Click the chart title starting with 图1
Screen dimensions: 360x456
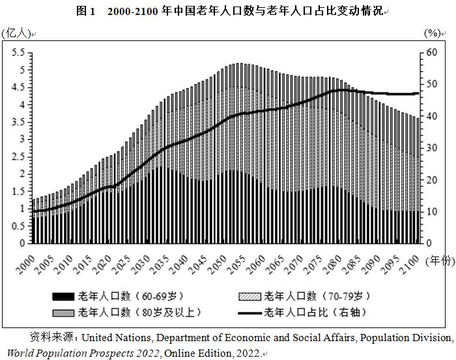click(x=229, y=12)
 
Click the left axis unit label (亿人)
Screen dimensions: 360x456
click(x=16, y=33)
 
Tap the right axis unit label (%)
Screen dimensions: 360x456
click(x=432, y=33)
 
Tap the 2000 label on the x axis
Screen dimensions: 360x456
click(x=25, y=264)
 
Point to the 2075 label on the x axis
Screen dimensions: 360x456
click(x=317, y=264)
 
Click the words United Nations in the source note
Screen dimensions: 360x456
click(x=117, y=338)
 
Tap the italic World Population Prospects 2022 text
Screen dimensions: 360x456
click(x=82, y=353)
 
